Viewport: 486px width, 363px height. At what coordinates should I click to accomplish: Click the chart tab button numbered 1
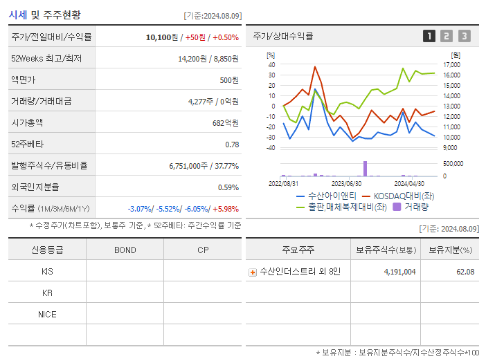(430, 36)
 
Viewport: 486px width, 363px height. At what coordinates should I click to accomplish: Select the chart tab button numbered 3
(464, 36)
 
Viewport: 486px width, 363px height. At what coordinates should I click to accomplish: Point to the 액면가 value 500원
(228, 80)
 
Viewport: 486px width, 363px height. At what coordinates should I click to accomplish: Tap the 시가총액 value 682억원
(226, 123)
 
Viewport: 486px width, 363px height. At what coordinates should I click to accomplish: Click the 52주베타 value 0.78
(232, 145)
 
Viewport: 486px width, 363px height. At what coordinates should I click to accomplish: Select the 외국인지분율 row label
(35, 187)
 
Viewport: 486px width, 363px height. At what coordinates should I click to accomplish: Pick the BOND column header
(125, 250)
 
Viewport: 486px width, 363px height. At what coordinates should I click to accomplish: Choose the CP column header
(202, 250)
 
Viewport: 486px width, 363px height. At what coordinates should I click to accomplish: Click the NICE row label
(47, 315)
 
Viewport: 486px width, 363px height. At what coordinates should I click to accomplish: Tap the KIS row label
(47, 272)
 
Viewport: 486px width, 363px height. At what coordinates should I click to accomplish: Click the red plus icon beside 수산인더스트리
(253, 272)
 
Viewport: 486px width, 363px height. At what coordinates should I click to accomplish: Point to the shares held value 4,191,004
(399, 272)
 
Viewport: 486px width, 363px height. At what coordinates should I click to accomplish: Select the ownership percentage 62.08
(464, 272)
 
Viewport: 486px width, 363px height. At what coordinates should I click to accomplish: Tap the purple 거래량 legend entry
(411, 206)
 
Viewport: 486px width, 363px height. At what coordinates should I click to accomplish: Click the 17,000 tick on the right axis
(451, 65)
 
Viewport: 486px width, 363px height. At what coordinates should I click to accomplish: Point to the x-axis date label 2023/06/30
(346, 184)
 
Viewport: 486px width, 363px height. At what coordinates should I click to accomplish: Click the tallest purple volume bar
(365, 169)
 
